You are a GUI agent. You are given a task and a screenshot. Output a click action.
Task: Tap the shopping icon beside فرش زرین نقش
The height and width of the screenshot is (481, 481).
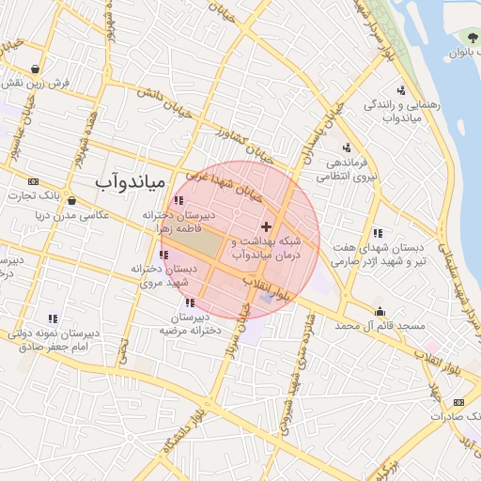pyautogui.click(x=35, y=69)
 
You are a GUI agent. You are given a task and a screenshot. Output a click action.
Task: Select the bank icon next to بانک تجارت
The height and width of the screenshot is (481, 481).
pyautogui.click(x=34, y=180)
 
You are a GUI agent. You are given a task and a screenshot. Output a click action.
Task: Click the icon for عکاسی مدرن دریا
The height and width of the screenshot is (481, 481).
pyautogui.click(x=71, y=200)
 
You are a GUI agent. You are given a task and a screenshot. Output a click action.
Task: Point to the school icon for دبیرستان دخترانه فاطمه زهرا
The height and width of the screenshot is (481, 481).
pyautogui.click(x=178, y=199)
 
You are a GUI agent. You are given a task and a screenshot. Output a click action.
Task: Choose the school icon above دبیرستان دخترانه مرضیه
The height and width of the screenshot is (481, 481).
pyautogui.click(x=191, y=303)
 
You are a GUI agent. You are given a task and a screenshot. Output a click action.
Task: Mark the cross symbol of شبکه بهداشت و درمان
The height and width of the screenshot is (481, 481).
pyautogui.click(x=266, y=226)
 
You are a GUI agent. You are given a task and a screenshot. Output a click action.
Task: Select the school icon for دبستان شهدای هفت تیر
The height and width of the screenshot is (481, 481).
pyautogui.click(x=377, y=233)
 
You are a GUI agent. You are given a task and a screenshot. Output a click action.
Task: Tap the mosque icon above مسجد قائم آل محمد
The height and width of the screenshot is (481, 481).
pyautogui.click(x=380, y=312)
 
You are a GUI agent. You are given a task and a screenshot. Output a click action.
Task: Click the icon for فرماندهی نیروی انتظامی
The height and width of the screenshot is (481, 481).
pyautogui.click(x=347, y=147)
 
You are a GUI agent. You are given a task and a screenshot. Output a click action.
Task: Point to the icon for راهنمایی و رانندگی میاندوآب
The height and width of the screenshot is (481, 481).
pyautogui.click(x=401, y=91)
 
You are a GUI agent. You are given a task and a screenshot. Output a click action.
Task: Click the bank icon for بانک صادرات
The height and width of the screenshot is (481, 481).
pyautogui.click(x=458, y=402)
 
